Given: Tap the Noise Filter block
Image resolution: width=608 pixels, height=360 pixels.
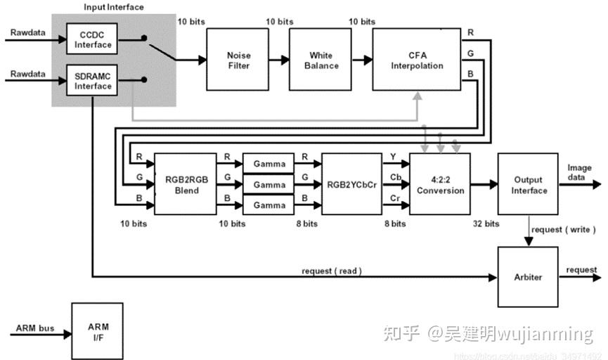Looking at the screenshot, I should coord(238,60).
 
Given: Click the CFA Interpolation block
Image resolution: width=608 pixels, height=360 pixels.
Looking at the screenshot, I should coord(417,60).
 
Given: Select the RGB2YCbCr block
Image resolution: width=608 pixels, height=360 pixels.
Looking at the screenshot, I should coord(351,185).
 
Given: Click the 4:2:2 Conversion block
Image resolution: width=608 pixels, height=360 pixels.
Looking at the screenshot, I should coord(440,185).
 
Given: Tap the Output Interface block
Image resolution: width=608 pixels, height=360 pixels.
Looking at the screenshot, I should coord(528,185).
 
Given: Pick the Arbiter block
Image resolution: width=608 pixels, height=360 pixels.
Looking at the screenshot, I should coord(528,276).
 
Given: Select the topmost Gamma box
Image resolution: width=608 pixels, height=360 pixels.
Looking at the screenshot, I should coord(270,164).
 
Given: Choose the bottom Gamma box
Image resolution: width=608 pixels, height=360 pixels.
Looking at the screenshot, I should coord(270,205).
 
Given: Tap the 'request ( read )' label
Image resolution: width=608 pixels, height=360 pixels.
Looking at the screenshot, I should coord(332,271).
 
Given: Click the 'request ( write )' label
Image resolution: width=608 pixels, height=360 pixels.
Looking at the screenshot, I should coord(563,229).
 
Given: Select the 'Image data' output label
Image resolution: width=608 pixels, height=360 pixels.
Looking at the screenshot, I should coord(581,172).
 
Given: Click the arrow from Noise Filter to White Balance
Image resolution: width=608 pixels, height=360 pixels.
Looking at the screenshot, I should coord(279,60).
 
